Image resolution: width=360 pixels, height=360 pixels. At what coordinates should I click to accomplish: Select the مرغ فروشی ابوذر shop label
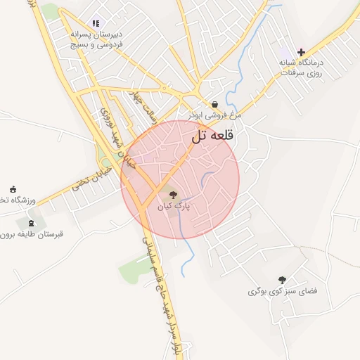click(x=214, y=114)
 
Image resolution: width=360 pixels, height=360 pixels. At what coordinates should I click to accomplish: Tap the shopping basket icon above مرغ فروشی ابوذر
click(x=214, y=103)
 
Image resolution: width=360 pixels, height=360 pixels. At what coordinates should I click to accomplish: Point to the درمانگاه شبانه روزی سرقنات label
click(x=301, y=67)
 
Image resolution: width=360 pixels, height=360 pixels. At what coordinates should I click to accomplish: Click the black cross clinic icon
click(x=302, y=52)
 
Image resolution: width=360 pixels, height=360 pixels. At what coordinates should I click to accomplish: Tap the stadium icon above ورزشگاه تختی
click(x=13, y=188)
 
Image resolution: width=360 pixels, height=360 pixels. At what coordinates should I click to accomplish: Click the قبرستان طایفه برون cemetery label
click(x=32, y=234)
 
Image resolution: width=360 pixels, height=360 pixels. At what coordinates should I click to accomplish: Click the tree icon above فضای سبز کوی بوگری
click(x=283, y=279)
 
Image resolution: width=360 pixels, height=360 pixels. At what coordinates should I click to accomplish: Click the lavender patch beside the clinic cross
click(x=285, y=53)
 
